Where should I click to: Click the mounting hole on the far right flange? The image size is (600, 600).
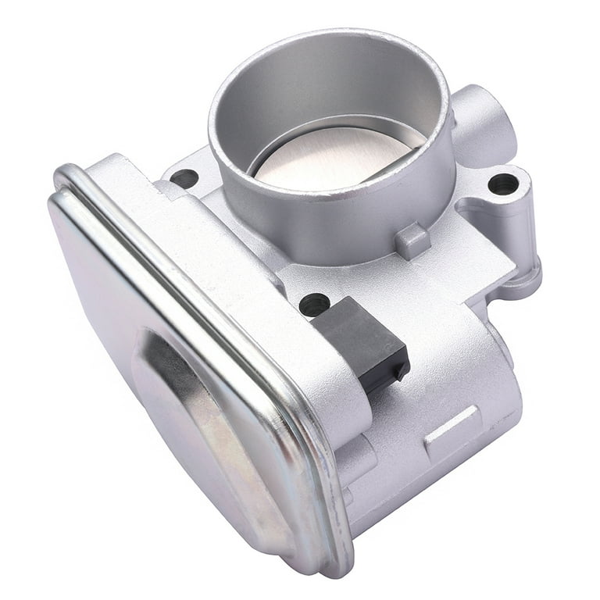pos(502,184)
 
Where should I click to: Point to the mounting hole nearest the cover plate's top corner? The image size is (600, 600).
pos(184,178)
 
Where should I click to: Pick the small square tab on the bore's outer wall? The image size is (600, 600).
pos(412,241)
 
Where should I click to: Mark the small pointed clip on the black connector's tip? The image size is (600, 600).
pos(401,373)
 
